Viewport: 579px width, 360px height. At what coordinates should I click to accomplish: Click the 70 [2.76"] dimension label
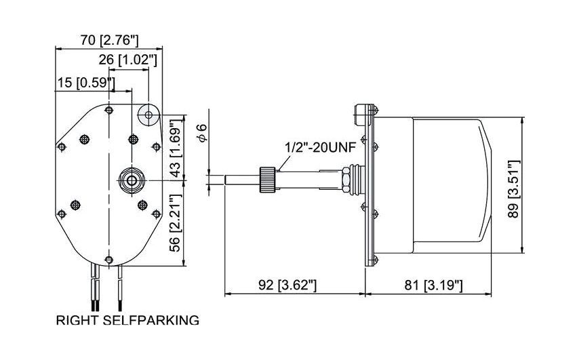pyautogui.click(x=109, y=39)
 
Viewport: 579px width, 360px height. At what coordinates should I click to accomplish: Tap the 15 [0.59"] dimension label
pyautogui.click(x=85, y=83)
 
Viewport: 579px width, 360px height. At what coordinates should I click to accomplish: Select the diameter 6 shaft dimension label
pyautogui.click(x=201, y=134)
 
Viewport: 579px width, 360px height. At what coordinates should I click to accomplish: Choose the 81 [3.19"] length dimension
pyautogui.click(x=434, y=285)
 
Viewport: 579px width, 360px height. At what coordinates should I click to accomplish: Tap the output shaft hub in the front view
pyautogui.click(x=129, y=180)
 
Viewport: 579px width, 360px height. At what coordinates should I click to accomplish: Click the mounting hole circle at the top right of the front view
pyautogui.click(x=147, y=115)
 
